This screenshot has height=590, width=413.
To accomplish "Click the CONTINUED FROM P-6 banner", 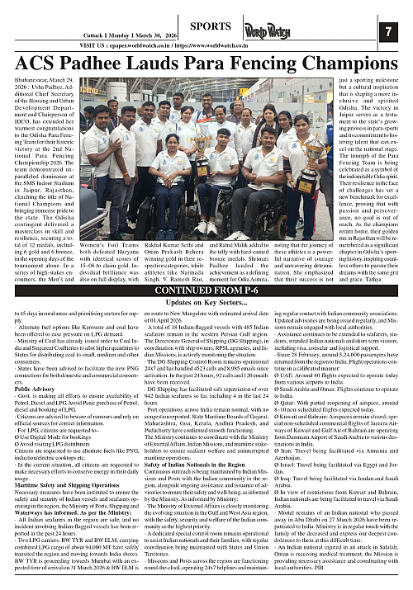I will pos(206,290).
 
